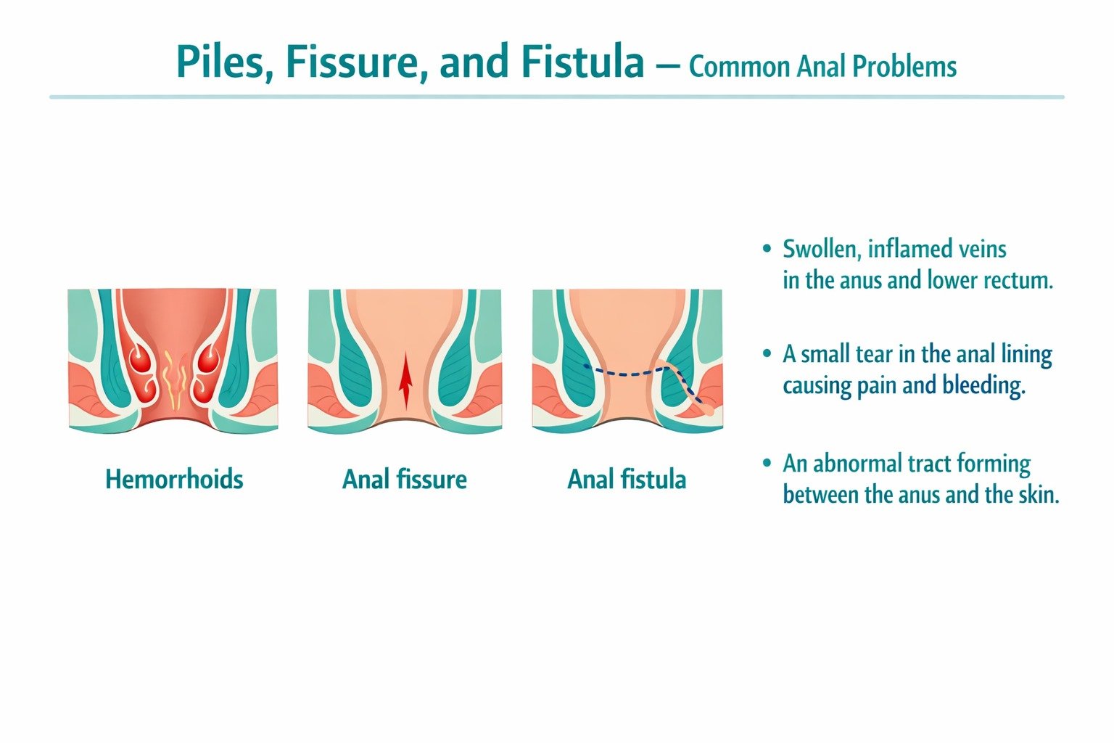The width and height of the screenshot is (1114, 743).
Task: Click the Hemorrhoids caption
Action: coord(174,479)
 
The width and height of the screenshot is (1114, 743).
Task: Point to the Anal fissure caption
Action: coord(405,479)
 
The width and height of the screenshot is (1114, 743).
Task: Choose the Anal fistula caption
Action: coord(627,479)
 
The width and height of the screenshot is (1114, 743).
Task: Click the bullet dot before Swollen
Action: coord(767,249)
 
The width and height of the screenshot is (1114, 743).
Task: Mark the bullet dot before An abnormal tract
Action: coord(767,463)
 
